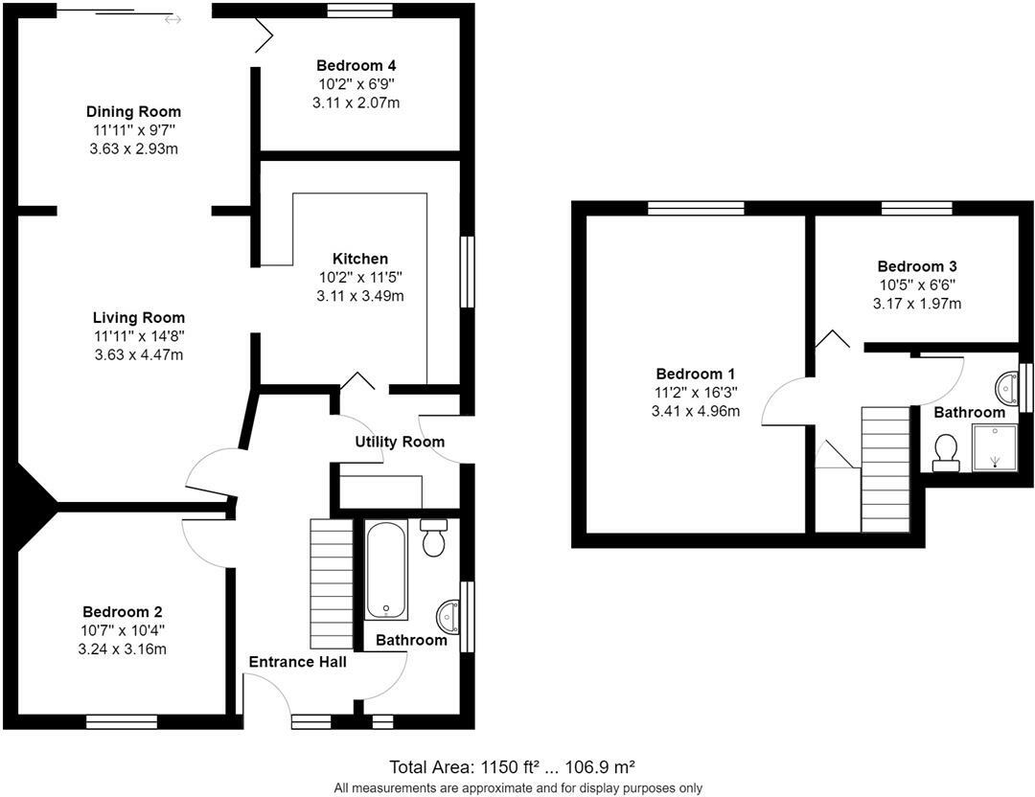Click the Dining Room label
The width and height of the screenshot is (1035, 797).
click(x=133, y=112)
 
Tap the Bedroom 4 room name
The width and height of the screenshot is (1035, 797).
click(x=356, y=66)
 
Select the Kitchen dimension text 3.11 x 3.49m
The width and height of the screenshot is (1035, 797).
click(x=360, y=296)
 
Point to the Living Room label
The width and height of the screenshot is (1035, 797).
click(x=139, y=318)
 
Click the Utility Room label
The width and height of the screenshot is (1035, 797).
click(x=400, y=442)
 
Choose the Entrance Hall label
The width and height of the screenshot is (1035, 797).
click(x=297, y=662)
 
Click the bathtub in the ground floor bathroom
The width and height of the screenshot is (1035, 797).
click(x=386, y=570)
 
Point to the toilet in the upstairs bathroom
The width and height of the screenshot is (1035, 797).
click(x=946, y=452)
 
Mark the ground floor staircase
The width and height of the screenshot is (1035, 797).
click(x=332, y=583)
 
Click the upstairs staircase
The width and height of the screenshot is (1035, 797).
click(x=885, y=468)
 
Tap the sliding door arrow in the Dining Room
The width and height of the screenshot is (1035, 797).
click(x=172, y=19)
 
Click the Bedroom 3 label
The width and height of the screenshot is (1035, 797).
click(x=916, y=266)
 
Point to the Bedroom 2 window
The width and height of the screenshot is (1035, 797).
click(x=122, y=721)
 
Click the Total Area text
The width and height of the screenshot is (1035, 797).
click(x=513, y=767)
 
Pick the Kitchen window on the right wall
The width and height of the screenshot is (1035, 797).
click(x=467, y=272)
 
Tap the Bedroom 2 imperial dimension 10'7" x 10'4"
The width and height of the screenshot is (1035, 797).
click(x=123, y=630)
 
